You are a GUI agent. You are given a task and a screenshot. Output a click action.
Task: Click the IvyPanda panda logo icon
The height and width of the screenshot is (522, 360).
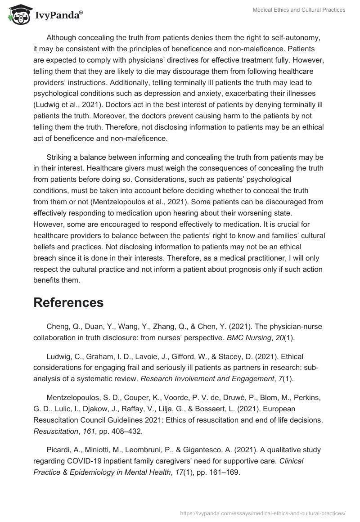(17, 14)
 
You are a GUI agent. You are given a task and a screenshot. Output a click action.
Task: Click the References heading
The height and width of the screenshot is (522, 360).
(68, 302)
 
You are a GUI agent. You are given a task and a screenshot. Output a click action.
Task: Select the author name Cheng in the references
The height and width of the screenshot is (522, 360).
(57, 326)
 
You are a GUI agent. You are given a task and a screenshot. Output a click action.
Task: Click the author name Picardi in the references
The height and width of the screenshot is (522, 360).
(58, 449)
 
